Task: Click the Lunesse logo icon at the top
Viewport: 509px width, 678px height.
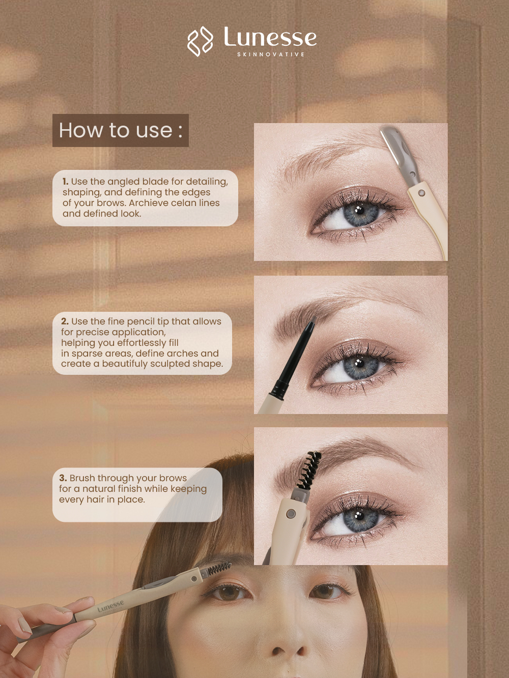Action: pyautogui.click(x=200, y=41)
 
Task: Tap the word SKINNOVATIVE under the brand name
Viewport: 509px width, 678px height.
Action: pyautogui.click(x=271, y=54)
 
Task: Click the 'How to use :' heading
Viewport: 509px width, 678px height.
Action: pyautogui.click(x=121, y=130)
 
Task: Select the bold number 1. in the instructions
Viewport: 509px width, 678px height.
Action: pyautogui.click(x=66, y=181)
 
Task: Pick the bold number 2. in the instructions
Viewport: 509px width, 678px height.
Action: pyautogui.click(x=65, y=321)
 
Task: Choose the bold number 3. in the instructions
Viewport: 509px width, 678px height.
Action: pyautogui.click(x=63, y=478)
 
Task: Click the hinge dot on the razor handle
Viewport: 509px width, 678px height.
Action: pyautogui.click(x=421, y=194)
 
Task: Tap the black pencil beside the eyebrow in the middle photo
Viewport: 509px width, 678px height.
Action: pyautogui.click(x=293, y=358)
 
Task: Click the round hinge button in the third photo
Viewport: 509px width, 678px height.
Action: pyautogui.click(x=290, y=514)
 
